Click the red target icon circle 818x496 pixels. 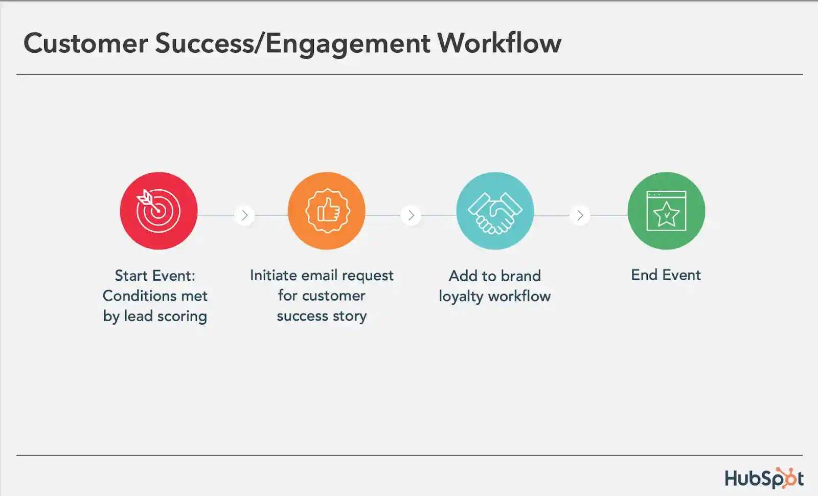(158, 211)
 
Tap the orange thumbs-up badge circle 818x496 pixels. (327, 211)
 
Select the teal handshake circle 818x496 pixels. (495, 211)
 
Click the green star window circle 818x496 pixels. (666, 211)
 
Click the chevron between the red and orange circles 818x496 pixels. (245, 215)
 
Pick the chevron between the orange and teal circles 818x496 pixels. (411, 215)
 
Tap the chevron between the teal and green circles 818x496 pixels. (580, 215)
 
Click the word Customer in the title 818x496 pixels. (86, 43)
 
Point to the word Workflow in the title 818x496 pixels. (499, 43)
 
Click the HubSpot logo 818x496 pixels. (764, 478)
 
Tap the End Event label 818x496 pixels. (666, 275)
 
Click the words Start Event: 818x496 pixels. (155, 276)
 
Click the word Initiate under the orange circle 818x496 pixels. (274, 275)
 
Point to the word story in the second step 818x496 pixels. (350, 317)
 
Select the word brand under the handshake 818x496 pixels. (521, 276)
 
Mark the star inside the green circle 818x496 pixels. (667, 214)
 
